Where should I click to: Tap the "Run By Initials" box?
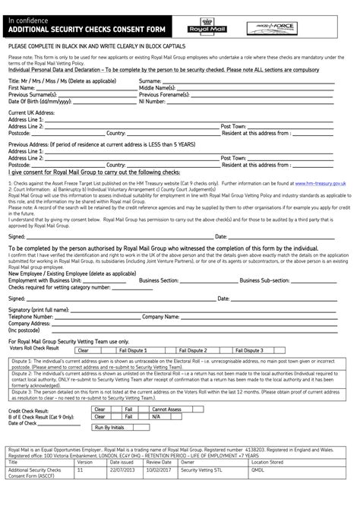[109, 428]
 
